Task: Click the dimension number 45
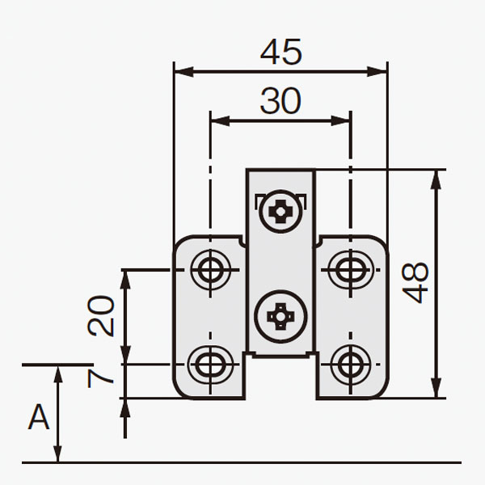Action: pos(280,52)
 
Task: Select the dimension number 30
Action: pos(280,100)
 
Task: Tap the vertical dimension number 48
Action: pos(415,283)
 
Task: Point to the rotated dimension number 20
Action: pos(101,316)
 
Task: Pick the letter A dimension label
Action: pos(39,417)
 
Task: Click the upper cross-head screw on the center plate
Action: pos(280,212)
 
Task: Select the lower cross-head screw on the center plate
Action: pos(280,317)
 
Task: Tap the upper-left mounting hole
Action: pos(211,270)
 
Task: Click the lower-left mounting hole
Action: pos(211,365)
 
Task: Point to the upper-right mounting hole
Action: pos(351,270)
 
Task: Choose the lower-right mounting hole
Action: pos(351,365)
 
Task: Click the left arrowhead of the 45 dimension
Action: pos(184,71)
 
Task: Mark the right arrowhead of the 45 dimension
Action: pos(377,71)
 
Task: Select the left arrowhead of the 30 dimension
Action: pos(220,120)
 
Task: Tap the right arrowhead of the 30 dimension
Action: pos(341,120)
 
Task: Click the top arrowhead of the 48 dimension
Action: pos(436,179)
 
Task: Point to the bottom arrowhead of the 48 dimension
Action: pos(436,388)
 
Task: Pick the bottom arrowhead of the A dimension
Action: pos(58,454)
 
